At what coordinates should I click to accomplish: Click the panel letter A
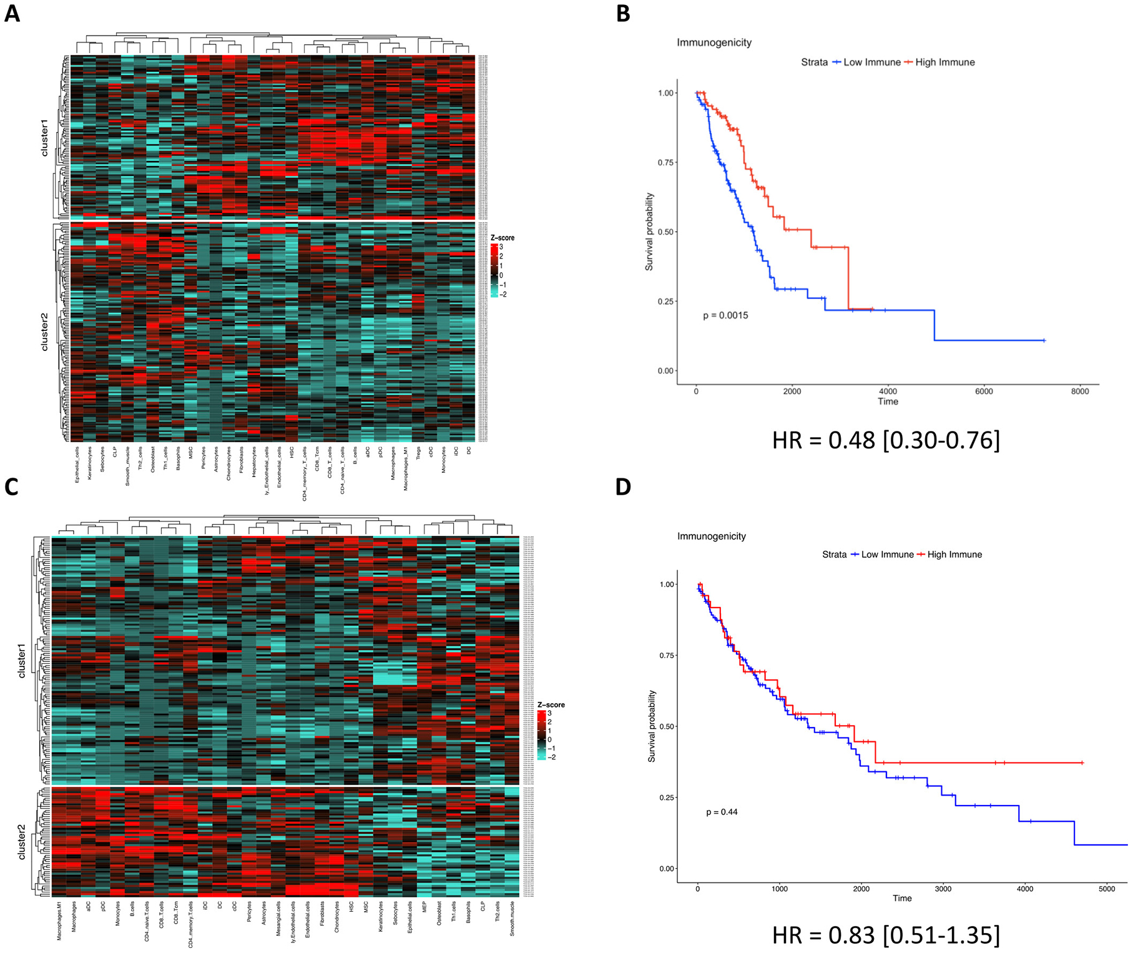click(12, 13)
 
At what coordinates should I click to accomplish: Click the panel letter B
click(623, 13)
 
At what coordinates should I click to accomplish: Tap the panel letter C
click(12, 487)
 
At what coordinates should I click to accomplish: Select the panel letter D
click(623, 487)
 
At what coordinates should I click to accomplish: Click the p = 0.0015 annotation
click(725, 315)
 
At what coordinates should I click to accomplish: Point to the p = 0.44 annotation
click(722, 812)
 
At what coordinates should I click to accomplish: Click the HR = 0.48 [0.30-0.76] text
click(886, 440)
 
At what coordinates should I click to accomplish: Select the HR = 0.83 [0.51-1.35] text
click(886, 934)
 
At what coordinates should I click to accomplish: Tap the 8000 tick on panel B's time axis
click(1079, 392)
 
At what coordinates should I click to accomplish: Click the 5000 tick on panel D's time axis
click(1106, 889)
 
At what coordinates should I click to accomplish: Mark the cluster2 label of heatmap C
click(22, 842)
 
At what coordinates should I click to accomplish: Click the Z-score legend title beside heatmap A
click(502, 238)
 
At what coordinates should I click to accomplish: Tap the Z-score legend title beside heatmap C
click(551, 704)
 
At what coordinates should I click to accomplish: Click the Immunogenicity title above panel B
click(714, 42)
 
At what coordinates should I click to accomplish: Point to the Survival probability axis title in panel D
click(652, 726)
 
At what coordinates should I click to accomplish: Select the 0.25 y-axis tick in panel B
click(665, 302)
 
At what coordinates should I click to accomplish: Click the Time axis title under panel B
click(888, 402)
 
